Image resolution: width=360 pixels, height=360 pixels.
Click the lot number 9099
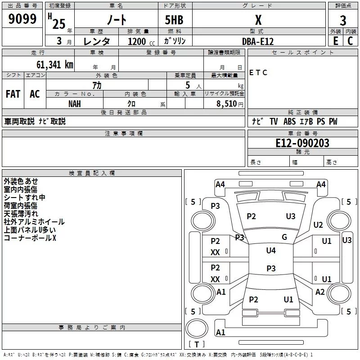coord(22,19)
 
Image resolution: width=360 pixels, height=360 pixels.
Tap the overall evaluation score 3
coord(343,21)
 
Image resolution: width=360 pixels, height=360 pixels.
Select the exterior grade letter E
coord(335,40)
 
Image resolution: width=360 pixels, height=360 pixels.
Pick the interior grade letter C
coord(350,40)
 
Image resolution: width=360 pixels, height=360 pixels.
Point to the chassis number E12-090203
coord(302,143)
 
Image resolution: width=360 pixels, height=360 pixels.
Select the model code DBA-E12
coord(258,41)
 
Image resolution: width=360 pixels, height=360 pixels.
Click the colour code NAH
coord(75,103)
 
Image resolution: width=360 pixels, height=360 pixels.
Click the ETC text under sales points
coord(258,72)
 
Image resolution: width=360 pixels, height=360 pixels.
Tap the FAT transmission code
coord(13,94)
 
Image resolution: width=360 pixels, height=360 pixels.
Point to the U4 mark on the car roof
coord(271,250)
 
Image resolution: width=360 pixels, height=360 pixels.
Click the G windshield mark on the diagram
coord(284,237)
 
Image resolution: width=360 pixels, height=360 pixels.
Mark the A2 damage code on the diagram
coord(320,292)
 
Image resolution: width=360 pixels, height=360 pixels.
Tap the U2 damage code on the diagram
coord(318,225)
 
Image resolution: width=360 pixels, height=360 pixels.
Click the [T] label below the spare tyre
coord(197,345)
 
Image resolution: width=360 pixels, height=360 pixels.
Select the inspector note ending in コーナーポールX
coord(30,238)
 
